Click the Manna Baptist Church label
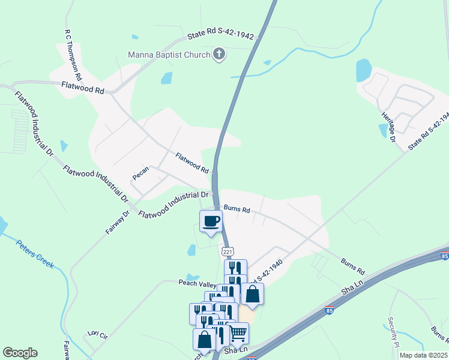tap(169, 55)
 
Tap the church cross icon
tap(219, 55)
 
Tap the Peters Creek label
tap(35, 255)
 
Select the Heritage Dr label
tap(388, 127)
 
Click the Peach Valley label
tap(197, 283)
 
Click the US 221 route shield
tap(227, 251)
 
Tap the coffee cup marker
tap(211, 221)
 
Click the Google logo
tap(20, 353)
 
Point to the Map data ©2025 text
tap(423, 355)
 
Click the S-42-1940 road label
tap(268, 271)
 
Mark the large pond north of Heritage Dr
tap(364, 70)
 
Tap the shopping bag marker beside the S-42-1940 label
tap(253, 294)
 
